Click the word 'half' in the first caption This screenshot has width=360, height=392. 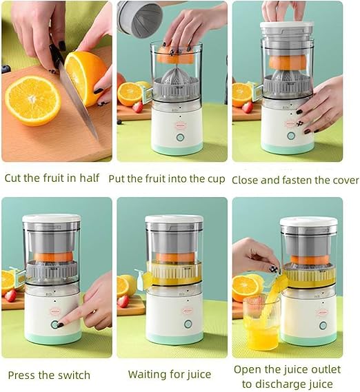pos(90,178)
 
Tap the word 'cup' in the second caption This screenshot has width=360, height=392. pos(217,179)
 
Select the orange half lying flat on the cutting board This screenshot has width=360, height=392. pos(33,101)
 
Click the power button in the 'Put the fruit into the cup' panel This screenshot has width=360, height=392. pos(180,137)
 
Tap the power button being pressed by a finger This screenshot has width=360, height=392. pos(54,324)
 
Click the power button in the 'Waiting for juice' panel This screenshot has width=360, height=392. pos(188,324)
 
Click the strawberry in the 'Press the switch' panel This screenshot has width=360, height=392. pos(10,296)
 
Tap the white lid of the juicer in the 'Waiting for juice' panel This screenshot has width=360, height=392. pos(174,219)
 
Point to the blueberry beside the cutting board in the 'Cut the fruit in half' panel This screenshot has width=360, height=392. pos(6,69)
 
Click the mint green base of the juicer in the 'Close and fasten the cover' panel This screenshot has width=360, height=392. pos(288,147)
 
